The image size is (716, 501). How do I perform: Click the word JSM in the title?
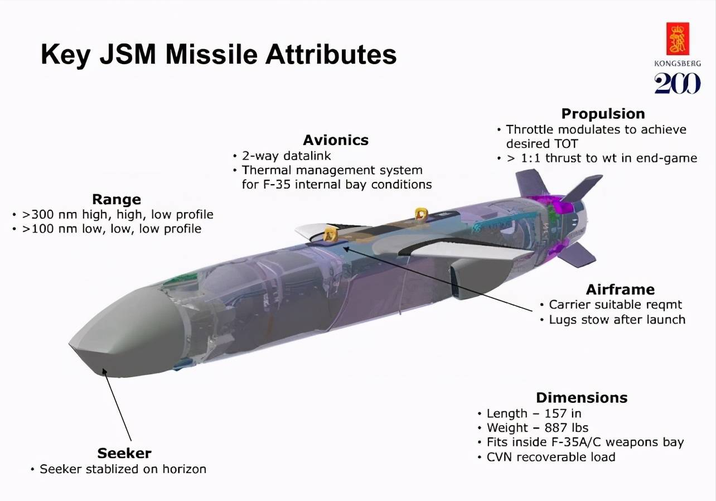[x=128, y=54]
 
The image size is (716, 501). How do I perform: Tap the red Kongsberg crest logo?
[x=678, y=38]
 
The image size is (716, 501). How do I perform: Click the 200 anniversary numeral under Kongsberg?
[x=678, y=83]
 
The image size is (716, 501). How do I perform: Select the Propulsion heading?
[x=603, y=114]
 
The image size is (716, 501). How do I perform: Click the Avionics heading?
[x=336, y=140]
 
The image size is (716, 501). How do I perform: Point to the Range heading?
[x=117, y=200]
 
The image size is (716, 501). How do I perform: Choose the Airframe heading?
[x=620, y=290]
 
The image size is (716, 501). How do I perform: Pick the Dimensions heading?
[x=582, y=398]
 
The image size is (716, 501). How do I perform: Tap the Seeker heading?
[x=124, y=454]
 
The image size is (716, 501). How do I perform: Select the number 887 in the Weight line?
[x=555, y=428]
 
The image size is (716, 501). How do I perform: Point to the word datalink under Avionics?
[x=307, y=156]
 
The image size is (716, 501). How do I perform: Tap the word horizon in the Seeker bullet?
[x=184, y=469]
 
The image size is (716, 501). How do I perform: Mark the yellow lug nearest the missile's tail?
[x=421, y=214]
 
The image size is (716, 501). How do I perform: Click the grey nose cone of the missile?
[x=128, y=333]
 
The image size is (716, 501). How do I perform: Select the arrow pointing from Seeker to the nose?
[x=117, y=405]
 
